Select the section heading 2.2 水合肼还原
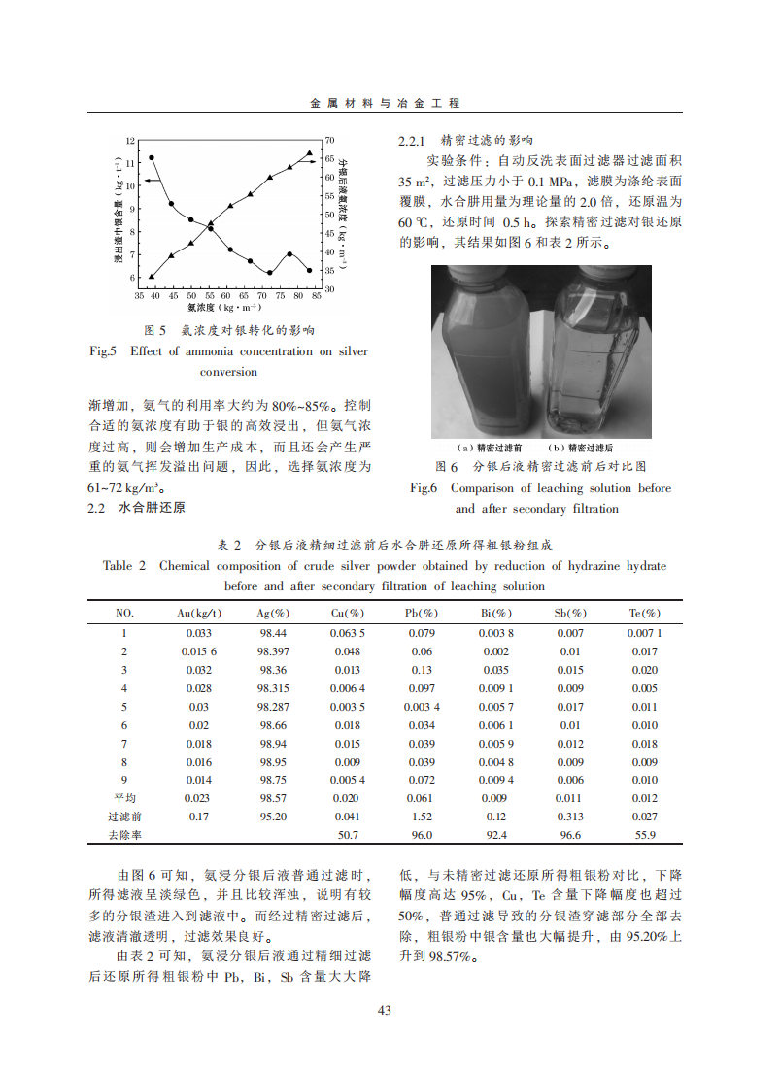coord(137,508)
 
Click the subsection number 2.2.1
coord(415,141)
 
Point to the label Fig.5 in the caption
coord(103,351)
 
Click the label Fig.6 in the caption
coord(424,488)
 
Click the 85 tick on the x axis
coord(317,295)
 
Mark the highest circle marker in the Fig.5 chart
coord(152,158)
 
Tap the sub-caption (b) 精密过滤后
coord(581,448)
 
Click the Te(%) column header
coord(645,614)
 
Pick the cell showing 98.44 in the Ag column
coord(273,633)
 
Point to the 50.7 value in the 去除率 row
coord(348,835)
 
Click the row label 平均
coord(124,798)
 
